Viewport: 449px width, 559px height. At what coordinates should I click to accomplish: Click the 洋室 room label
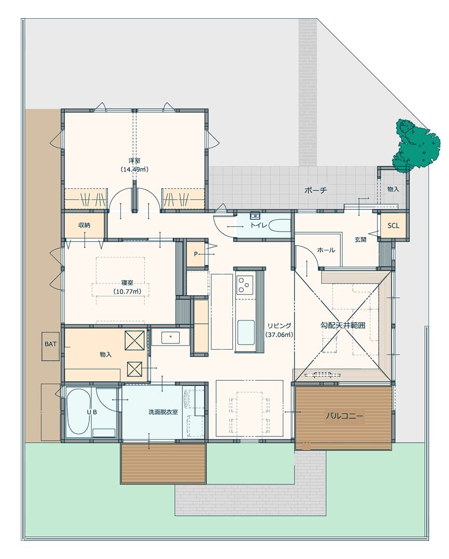click(x=135, y=161)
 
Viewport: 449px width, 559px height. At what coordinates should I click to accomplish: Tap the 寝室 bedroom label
click(x=127, y=283)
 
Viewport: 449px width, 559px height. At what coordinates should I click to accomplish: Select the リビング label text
click(x=279, y=326)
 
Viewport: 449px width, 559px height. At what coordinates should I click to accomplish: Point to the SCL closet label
click(x=393, y=225)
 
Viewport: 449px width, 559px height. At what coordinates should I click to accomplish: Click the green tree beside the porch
click(x=415, y=146)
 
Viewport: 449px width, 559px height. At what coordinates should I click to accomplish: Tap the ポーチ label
click(x=315, y=190)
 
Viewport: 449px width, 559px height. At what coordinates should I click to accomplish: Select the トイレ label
click(x=259, y=225)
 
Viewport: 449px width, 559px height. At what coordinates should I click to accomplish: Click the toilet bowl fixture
click(x=280, y=225)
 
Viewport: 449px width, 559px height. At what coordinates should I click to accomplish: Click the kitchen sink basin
click(x=246, y=332)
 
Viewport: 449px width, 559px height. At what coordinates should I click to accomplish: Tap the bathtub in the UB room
click(x=78, y=411)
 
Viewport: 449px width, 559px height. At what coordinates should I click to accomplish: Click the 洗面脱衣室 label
click(x=163, y=412)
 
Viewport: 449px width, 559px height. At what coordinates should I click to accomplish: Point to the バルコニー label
click(x=344, y=416)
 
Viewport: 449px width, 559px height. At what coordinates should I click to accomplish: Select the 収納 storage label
click(x=85, y=225)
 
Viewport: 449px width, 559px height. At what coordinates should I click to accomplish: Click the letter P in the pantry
click(x=195, y=254)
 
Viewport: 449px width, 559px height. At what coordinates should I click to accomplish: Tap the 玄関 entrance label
click(x=361, y=239)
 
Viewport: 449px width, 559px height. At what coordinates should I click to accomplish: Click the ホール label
click(x=326, y=250)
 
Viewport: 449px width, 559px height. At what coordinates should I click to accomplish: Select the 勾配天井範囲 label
click(x=342, y=325)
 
